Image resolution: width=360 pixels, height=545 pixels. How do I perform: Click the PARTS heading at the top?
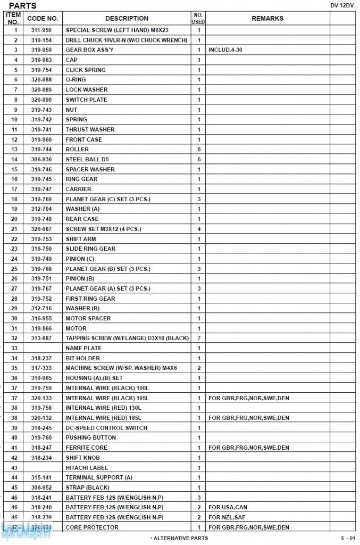[23, 6]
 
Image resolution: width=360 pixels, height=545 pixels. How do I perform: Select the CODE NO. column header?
[43, 18]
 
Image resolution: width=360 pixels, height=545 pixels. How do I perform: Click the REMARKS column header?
[267, 18]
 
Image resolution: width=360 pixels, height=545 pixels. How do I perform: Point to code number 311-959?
[41, 30]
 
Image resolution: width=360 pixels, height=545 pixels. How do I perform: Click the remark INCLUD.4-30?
[226, 50]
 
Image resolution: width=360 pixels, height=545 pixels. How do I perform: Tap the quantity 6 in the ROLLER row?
[199, 150]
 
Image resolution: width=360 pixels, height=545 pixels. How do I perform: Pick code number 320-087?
[41, 229]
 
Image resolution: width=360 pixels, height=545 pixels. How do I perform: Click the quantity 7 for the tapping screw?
[199, 338]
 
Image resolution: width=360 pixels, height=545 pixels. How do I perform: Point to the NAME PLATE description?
[83, 348]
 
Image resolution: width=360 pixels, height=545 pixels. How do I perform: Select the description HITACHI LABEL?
[87, 467]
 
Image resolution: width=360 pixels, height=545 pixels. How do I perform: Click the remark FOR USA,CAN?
[228, 507]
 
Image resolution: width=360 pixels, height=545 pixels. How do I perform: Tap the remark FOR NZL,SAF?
[228, 517]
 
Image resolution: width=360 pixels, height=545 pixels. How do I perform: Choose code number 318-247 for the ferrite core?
[41, 448]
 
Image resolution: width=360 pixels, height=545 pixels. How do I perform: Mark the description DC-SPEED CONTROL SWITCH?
[106, 428]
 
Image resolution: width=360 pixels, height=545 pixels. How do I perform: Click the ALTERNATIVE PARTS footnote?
[179, 538]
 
